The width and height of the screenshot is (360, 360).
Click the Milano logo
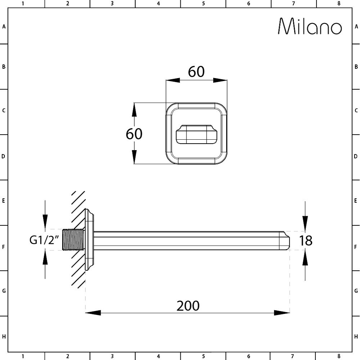(x=310, y=26)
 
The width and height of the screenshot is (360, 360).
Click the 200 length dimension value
(x=188, y=306)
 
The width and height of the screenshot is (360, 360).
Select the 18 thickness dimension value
(x=306, y=240)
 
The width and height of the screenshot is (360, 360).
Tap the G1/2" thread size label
(x=44, y=240)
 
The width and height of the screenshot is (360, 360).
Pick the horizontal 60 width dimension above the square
(x=196, y=72)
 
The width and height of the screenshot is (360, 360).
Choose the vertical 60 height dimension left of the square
(x=134, y=134)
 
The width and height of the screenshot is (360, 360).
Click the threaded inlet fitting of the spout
(x=74, y=239)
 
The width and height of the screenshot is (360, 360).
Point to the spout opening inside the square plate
(x=196, y=135)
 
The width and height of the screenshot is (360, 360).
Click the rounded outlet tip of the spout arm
(x=284, y=240)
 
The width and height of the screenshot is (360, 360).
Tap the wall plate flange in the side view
(x=89, y=239)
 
